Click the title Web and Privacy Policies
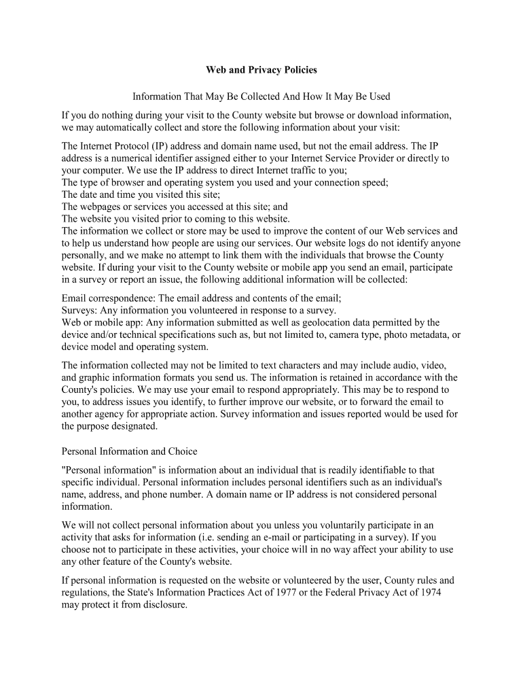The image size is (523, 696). pos(261,70)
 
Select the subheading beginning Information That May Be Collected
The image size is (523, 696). pos(261,97)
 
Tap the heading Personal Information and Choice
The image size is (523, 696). pos(130,451)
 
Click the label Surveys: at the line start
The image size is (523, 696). pos(79,310)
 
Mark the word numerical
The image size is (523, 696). pos(130,158)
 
